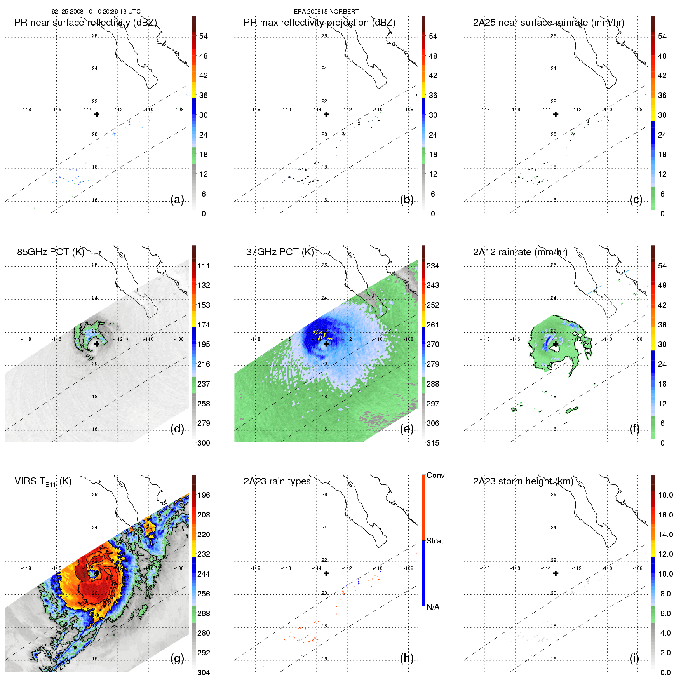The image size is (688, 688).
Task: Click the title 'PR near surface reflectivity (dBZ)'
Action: click(x=85, y=23)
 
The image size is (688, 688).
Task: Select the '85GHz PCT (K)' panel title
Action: click(x=51, y=252)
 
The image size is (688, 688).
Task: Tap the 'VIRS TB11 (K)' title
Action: click(x=43, y=482)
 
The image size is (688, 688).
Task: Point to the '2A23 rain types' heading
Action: click(x=277, y=482)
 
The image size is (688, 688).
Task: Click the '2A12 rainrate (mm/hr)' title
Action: click(x=520, y=252)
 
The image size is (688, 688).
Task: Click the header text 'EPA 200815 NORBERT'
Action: click(x=326, y=12)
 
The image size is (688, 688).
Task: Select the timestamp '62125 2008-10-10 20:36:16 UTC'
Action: click(x=96, y=12)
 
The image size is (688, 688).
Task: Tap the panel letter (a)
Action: click(x=177, y=200)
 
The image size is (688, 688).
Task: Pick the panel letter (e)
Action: click(x=407, y=429)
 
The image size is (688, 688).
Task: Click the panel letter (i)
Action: click(x=634, y=658)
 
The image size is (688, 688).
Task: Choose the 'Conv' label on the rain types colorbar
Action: click(x=435, y=476)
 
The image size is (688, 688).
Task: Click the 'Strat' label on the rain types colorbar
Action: click(x=435, y=541)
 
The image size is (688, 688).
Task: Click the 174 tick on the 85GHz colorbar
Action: click(x=204, y=325)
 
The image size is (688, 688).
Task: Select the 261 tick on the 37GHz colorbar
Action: click(x=433, y=325)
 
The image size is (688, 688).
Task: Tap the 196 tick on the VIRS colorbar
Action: click(x=204, y=495)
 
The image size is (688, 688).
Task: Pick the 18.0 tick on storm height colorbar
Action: click(x=665, y=495)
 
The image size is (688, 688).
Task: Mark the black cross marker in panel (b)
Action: click(x=326, y=115)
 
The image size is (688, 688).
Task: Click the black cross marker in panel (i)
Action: click(x=556, y=573)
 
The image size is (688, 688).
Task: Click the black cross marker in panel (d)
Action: click(x=97, y=344)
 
